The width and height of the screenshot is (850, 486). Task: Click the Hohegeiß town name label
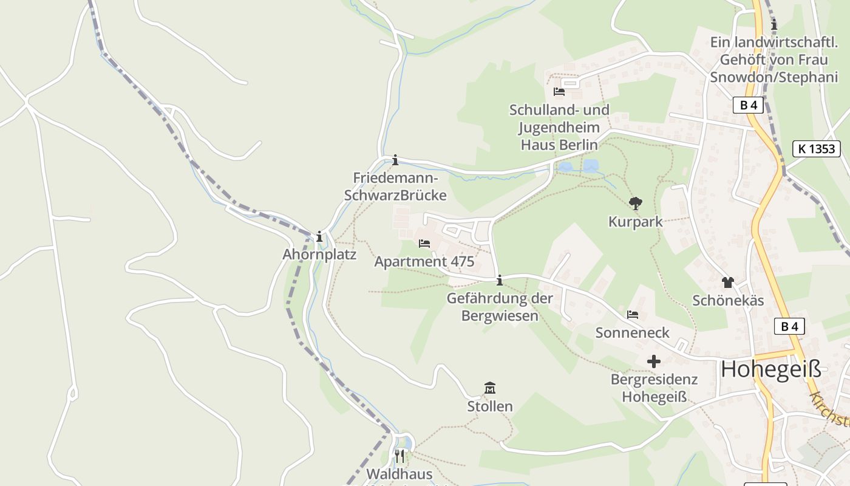770,369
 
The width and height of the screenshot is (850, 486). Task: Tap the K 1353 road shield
817,149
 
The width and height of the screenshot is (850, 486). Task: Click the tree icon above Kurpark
636,204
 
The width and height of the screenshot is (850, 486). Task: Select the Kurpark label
635,222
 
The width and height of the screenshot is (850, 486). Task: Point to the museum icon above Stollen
489,388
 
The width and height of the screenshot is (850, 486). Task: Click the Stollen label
489,406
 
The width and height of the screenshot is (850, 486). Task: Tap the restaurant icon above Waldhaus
399,456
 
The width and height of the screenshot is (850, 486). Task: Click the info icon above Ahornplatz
319,236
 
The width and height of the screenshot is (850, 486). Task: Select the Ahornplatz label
319,254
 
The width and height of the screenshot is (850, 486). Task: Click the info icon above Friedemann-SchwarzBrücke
395,160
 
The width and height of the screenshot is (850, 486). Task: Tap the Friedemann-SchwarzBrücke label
395,187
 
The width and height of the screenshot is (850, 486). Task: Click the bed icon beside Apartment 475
424,244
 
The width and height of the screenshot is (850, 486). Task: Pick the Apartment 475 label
424,262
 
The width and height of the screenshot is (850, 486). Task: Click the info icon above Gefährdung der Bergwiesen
500,280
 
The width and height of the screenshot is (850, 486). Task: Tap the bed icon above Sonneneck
633,315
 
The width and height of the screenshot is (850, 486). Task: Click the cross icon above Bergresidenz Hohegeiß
653,361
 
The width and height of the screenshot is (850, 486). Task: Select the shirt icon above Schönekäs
728,282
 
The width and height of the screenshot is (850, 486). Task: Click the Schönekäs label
728,301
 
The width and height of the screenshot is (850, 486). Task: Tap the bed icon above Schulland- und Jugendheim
559,92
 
